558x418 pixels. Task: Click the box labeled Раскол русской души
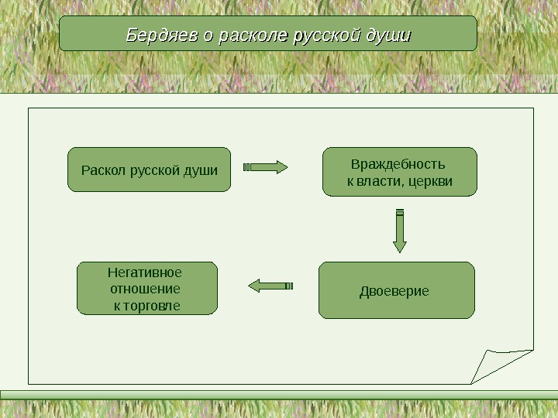pyautogui.click(x=149, y=170)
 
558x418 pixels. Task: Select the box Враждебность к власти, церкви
pyautogui.click(x=399, y=172)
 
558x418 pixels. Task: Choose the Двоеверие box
pyautogui.click(x=396, y=290)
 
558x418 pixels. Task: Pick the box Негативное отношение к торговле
pyautogui.click(x=147, y=288)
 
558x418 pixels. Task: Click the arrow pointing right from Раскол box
pyautogui.click(x=266, y=166)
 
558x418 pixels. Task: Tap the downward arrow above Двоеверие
pyautogui.click(x=399, y=231)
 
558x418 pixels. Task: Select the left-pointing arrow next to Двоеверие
pyautogui.click(x=270, y=286)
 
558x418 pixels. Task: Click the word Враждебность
pyautogui.click(x=398, y=164)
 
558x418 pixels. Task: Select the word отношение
pyautogui.click(x=146, y=289)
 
